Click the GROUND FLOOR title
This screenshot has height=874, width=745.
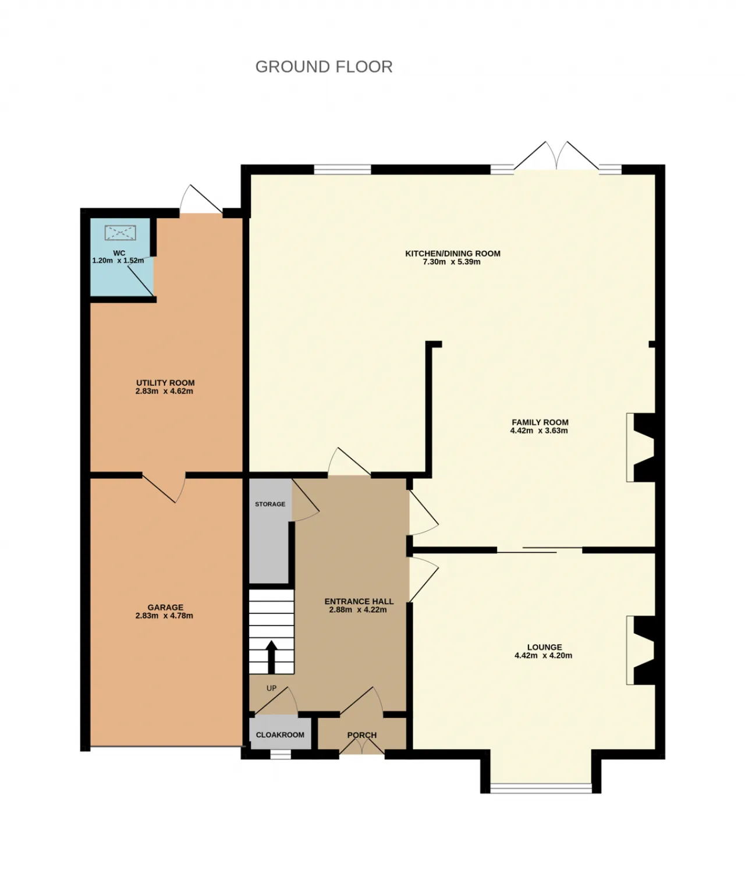[324, 67]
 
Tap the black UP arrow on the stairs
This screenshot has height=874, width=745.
[271, 656]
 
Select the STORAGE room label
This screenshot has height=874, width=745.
[270, 504]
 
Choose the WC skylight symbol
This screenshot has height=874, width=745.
[120, 233]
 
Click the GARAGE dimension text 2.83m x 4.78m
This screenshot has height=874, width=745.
[164, 616]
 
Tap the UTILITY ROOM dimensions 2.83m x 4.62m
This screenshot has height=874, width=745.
[164, 391]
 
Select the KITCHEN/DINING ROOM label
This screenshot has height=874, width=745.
[453, 253]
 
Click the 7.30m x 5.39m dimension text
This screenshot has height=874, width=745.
[452, 262]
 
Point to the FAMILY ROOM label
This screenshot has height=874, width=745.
[540, 422]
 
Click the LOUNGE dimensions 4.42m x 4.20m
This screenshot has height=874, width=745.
[543, 655]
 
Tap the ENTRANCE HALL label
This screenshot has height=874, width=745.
[359, 601]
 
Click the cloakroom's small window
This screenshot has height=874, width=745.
[281, 755]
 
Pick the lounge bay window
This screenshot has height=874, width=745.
[541, 788]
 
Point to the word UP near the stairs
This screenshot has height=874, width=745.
[271, 688]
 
